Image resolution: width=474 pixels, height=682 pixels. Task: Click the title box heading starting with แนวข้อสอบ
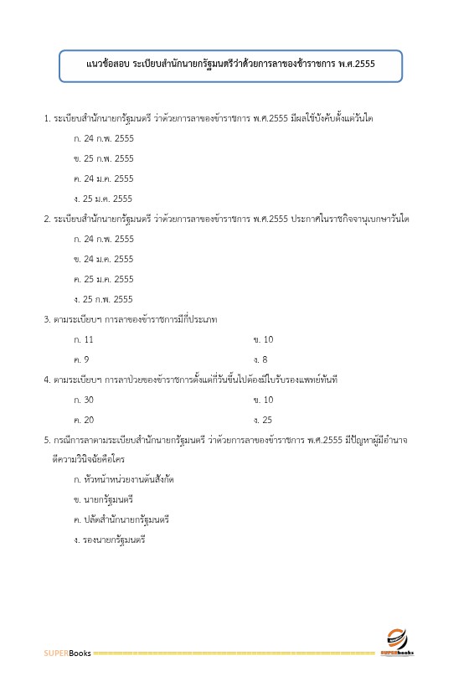[230, 65]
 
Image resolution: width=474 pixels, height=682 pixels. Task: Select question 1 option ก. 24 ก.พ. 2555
[104, 138]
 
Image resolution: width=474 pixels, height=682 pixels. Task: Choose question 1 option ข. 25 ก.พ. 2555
[104, 158]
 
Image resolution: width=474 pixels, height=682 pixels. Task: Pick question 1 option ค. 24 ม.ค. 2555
[104, 178]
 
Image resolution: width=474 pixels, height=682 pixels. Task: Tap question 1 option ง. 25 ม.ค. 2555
[104, 199]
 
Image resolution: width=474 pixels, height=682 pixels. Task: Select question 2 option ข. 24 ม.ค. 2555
[104, 259]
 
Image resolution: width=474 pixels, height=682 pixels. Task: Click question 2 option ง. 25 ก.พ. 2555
[104, 299]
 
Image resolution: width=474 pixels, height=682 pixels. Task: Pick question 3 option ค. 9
[82, 359]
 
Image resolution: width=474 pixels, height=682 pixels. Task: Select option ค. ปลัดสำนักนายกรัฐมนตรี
[121, 520]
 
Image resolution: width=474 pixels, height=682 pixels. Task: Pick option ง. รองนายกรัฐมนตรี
[110, 540]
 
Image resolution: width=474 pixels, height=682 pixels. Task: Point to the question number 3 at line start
[46, 319]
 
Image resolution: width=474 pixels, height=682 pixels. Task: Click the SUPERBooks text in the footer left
[68, 653]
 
